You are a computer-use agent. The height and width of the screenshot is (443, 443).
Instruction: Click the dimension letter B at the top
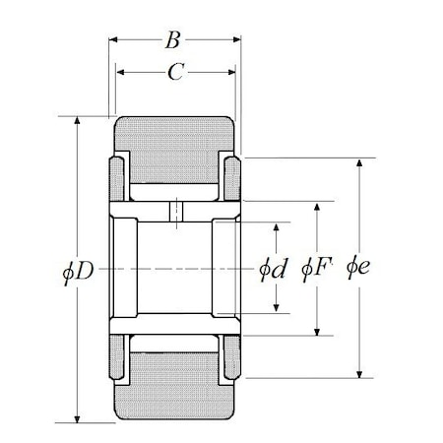[x=172, y=40]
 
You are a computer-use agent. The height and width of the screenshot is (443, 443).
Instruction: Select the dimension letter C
[x=176, y=72]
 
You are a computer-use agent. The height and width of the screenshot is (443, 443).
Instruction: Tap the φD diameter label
[x=78, y=272]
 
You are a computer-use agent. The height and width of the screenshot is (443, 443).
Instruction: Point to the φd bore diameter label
[x=274, y=270]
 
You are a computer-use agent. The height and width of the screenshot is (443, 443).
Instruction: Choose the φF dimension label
[x=317, y=269]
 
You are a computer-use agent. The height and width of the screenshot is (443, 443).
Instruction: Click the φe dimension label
[x=358, y=267]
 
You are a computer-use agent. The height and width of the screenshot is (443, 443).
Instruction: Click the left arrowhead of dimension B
[x=113, y=39]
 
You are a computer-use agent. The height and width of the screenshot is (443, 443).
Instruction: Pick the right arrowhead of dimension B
[x=237, y=39]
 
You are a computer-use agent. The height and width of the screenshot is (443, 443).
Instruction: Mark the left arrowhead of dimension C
[x=120, y=72]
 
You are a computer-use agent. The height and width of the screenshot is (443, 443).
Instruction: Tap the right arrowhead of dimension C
[x=231, y=72]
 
